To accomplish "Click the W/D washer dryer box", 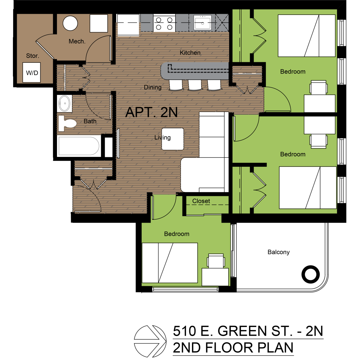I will pos(31,73).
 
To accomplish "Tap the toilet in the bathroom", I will pos(67,123).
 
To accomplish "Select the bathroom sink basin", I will pos(64,103).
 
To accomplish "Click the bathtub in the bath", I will pos(79,146).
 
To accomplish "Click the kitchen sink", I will pos(202,23).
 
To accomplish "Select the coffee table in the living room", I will pos(173,139).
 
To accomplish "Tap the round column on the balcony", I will pos(310,274).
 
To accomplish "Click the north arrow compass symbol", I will pos(150,341).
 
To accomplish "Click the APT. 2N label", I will pos(151,112).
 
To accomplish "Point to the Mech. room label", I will pos(77,41).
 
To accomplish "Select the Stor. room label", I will pos(32,56).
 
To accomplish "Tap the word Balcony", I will pos(278,252).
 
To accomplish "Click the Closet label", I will pos(201,201).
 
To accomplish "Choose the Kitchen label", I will pos(190,53).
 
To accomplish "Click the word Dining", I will pos(152,87).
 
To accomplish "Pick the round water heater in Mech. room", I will pos(70,23).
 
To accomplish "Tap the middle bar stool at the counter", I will pos(195,85).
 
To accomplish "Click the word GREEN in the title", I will pos(242,331).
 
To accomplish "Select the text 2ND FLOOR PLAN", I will pos(233,348).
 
